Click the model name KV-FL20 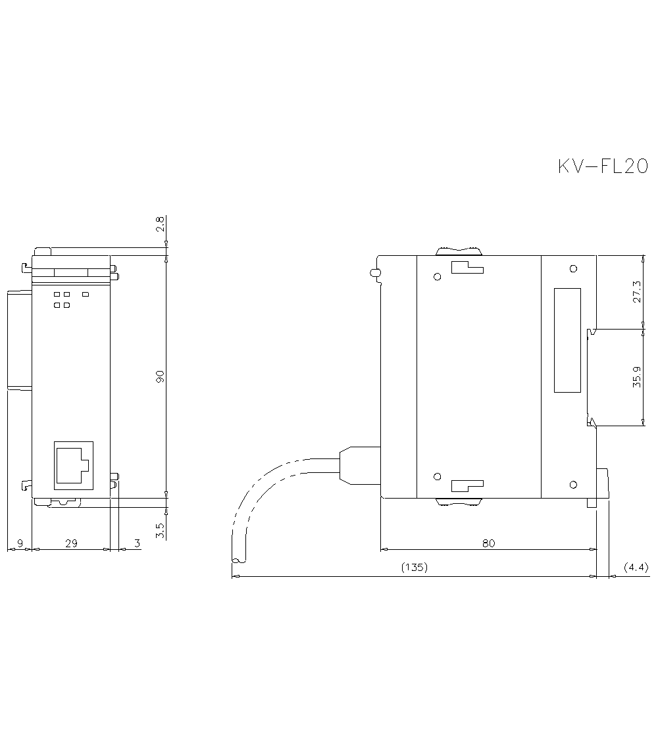click(603, 166)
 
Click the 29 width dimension click(71, 543)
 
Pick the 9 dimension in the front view click(20, 543)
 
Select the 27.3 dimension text click(636, 290)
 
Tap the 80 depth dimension click(488, 543)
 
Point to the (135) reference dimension click(415, 567)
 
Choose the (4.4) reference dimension click(636, 567)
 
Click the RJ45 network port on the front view click(72, 465)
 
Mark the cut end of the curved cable click(238, 560)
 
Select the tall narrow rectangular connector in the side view click(567, 340)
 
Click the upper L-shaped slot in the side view click(467, 266)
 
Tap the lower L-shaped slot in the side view click(467, 486)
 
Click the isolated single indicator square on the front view click(85, 294)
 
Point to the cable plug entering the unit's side click(359, 466)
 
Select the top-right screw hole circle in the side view click(573, 268)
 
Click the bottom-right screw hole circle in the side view click(573, 485)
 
